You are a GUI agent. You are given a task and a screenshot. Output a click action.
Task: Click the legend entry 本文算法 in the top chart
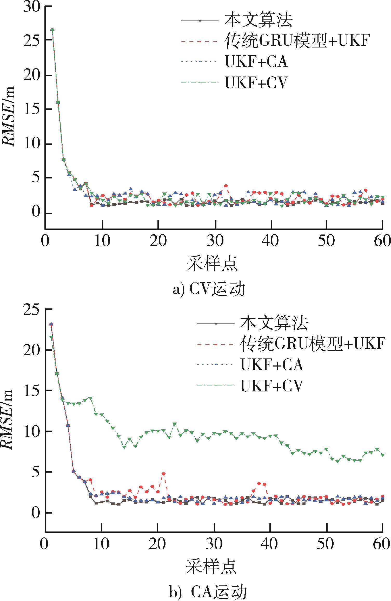(x=259, y=20)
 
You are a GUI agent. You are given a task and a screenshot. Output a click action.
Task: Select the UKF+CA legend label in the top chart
(x=256, y=62)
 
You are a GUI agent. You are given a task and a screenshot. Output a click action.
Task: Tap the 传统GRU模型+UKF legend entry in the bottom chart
(x=312, y=344)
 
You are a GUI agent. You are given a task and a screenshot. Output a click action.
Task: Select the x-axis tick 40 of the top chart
(x=271, y=241)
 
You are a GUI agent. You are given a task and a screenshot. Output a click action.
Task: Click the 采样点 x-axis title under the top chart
(x=212, y=264)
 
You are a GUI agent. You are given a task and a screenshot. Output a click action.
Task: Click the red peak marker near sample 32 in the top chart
(x=226, y=186)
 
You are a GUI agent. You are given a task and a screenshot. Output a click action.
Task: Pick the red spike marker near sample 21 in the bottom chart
(x=163, y=474)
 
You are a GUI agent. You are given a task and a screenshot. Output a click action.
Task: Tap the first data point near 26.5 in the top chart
(x=52, y=30)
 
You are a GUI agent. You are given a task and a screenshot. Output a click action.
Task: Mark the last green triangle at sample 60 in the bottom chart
(x=382, y=455)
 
